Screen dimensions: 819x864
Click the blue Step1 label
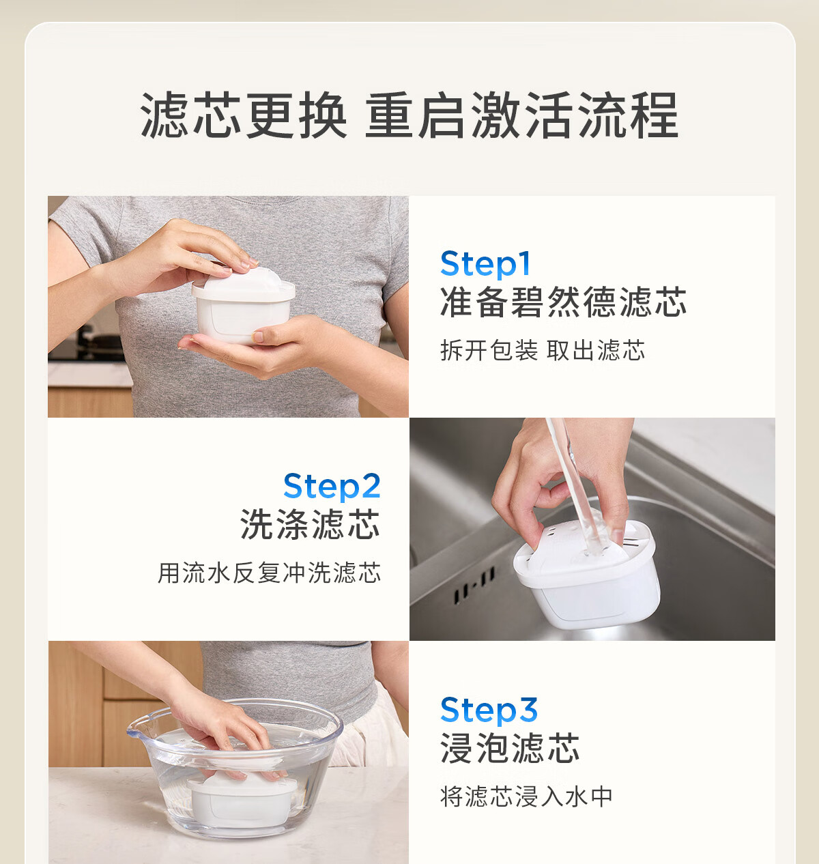tap(485, 263)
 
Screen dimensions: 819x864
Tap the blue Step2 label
tap(332, 486)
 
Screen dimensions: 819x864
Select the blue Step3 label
tap(489, 710)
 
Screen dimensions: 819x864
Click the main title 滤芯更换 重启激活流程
tap(409, 115)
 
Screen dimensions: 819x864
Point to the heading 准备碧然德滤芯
tap(563, 302)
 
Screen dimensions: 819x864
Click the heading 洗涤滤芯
tap(310, 524)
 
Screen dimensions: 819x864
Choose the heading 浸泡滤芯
tap(510, 749)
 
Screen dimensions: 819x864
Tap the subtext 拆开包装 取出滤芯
tap(543, 351)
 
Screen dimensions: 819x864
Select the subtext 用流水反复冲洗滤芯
tap(269, 573)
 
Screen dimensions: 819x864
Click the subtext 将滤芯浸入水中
tap(526, 796)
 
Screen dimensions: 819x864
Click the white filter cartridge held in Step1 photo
tap(243, 304)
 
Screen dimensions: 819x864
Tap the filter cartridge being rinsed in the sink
tap(588, 573)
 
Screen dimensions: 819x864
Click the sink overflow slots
tap(474, 584)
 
